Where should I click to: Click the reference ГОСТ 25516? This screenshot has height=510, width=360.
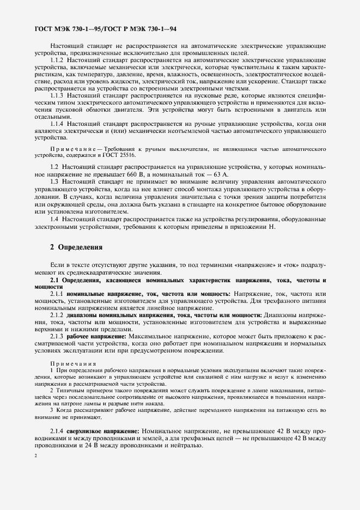(x=121, y=155)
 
